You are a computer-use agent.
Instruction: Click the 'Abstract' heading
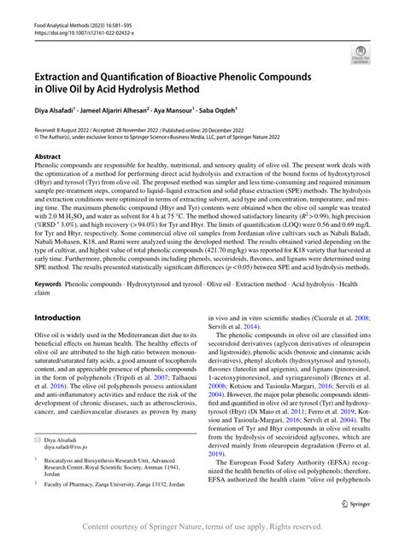coord(47,157)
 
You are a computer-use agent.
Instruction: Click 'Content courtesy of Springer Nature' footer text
coord(162,528)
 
